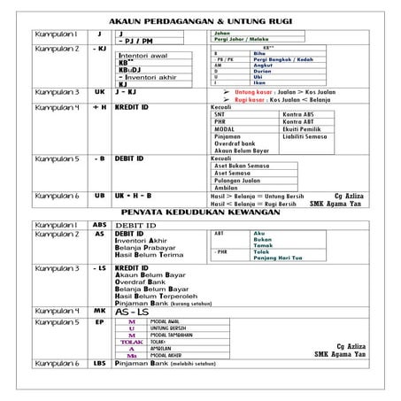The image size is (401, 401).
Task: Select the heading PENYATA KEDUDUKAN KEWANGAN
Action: (x=201, y=213)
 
